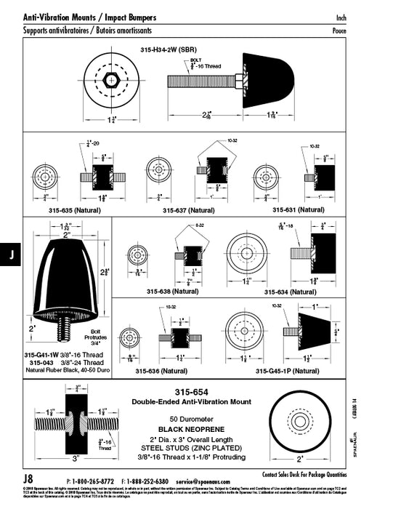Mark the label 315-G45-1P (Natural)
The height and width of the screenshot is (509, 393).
click(x=287, y=370)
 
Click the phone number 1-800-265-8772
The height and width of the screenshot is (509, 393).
click(x=94, y=481)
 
